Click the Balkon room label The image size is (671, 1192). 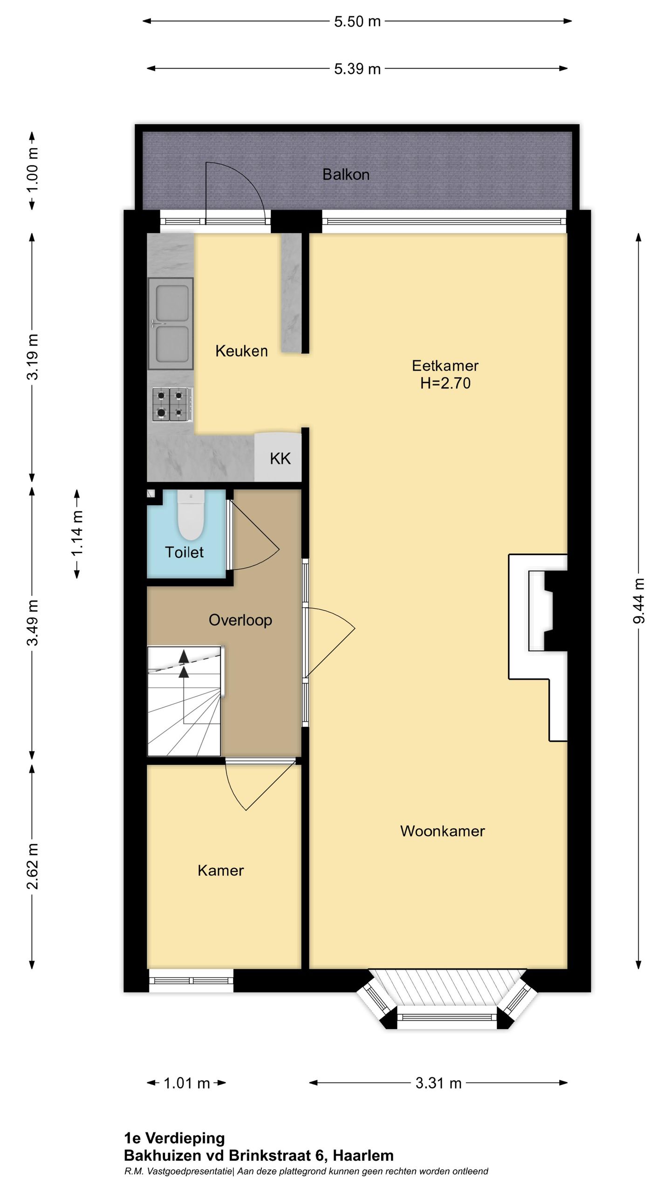(x=346, y=175)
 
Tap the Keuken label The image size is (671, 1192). (x=241, y=351)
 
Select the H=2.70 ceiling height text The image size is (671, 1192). (x=445, y=383)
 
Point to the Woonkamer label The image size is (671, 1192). (x=442, y=831)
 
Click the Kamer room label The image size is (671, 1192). (x=220, y=871)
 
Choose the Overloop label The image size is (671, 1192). (x=240, y=620)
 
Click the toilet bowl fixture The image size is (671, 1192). (x=191, y=515)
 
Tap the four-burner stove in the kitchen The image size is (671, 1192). (x=170, y=405)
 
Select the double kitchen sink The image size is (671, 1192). (x=171, y=323)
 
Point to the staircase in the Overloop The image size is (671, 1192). (x=185, y=701)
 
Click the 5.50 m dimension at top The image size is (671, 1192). (x=357, y=21)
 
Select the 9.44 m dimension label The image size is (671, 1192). (x=639, y=601)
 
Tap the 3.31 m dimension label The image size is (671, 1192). (x=438, y=1083)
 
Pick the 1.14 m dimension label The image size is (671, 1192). (x=77, y=533)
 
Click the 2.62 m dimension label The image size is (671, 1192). (x=32, y=866)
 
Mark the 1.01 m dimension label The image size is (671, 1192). (x=187, y=1083)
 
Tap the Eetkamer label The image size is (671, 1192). (x=445, y=366)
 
